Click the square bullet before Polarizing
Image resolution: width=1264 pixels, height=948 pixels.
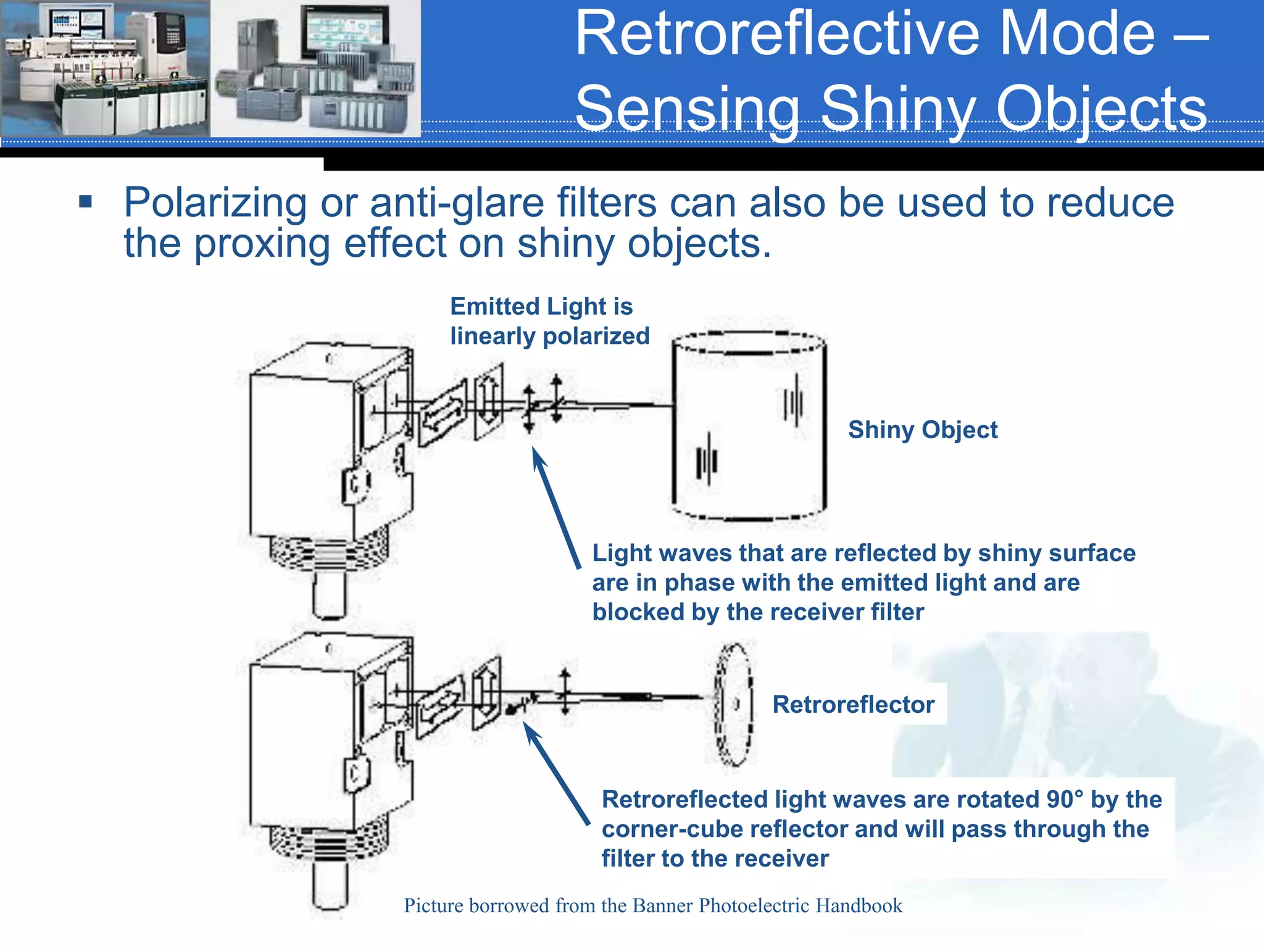pos(86,202)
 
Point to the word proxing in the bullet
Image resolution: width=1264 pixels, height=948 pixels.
pos(262,243)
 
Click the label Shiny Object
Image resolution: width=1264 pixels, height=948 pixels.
pos(922,430)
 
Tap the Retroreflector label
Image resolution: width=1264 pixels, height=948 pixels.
pos(853,704)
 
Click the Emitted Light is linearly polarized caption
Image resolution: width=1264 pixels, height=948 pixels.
pos(549,321)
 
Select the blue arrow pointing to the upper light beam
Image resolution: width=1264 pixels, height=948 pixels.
pos(555,506)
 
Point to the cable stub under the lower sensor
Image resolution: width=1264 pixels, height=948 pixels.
pos(330,886)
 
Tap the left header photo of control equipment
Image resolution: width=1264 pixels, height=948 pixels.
pos(105,68)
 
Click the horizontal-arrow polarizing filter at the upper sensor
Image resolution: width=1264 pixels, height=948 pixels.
pos(442,414)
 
